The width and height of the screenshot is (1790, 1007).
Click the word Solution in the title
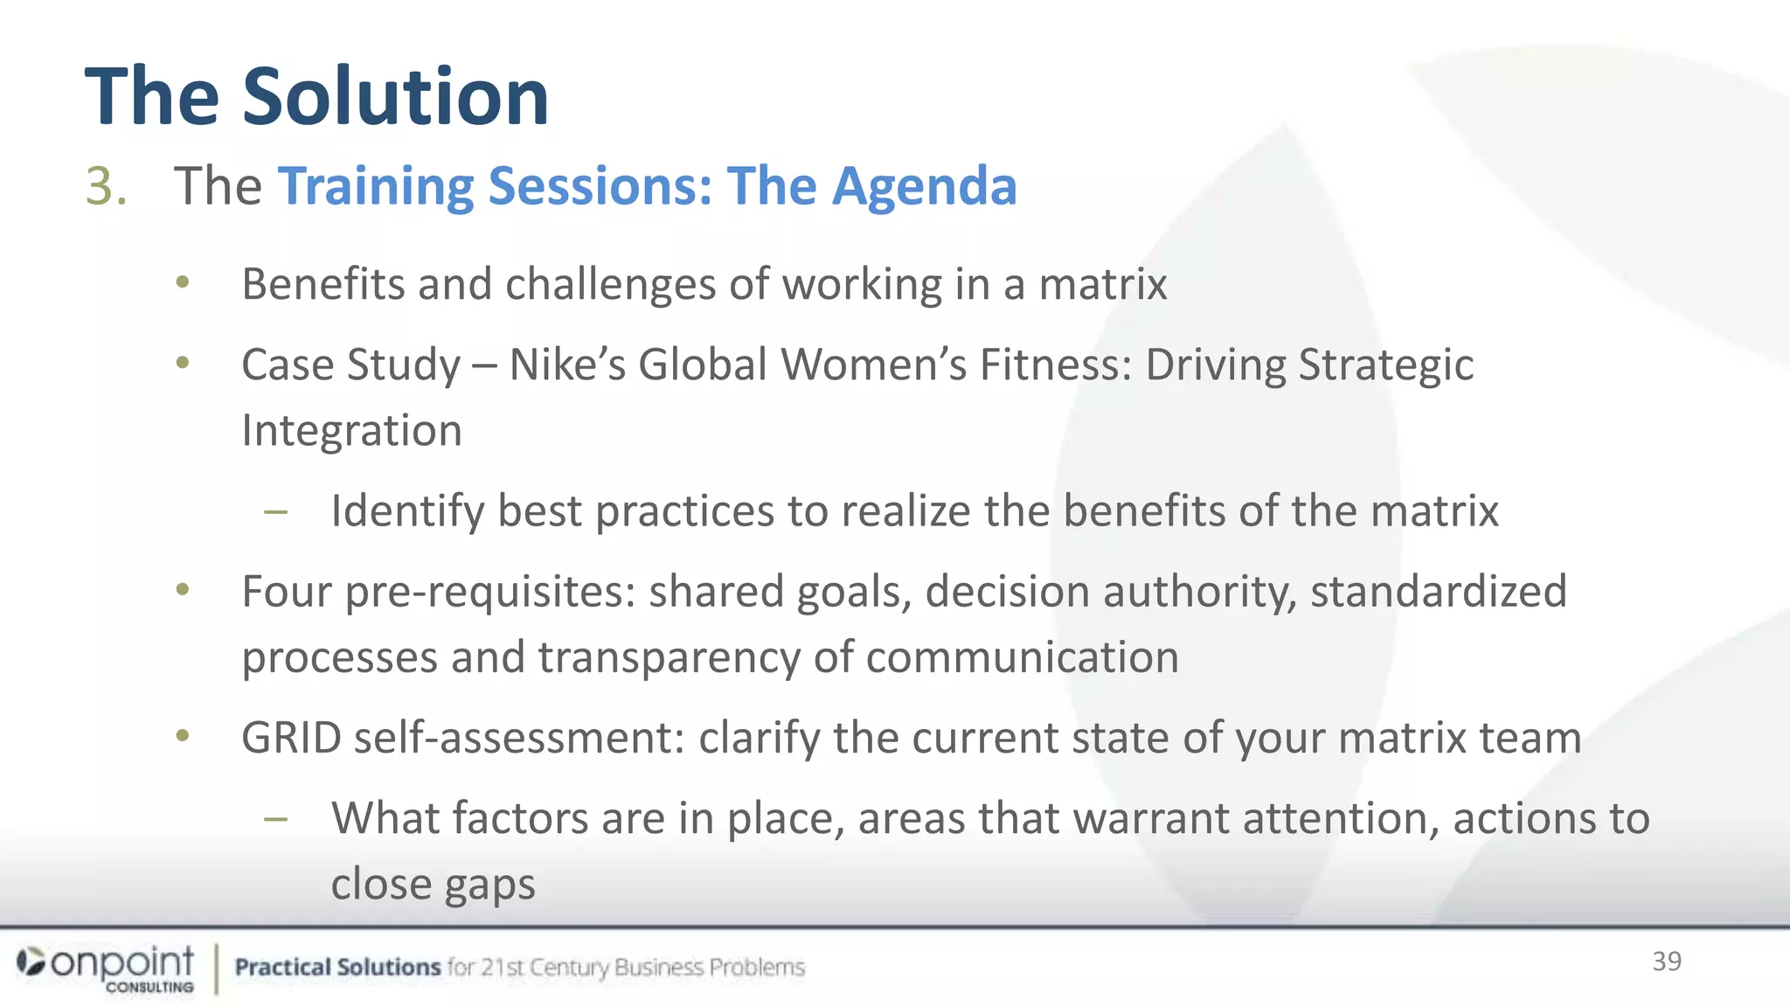pyautogui.click(x=395, y=96)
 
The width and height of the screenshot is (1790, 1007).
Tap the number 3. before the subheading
pyautogui.click(x=107, y=186)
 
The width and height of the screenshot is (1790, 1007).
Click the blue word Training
pyautogui.click(x=375, y=186)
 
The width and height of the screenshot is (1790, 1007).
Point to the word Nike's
pyautogui.click(x=566, y=365)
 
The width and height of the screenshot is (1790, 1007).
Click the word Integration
pyautogui.click(x=351, y=430)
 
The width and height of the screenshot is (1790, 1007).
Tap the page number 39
pyautogui.click(x=1666, y=962)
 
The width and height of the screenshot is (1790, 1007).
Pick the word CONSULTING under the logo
pyautogui.click(x=149, y=987)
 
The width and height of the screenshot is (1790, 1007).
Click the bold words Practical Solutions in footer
pyautogui.click(x=337, y=967)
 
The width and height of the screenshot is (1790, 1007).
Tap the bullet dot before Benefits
pyautogui.click(x=182, y=282)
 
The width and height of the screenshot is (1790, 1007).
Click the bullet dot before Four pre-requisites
pyautogui.click(x=182, y=590)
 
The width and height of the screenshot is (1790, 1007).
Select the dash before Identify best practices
pyautogui.click(x=276, y=512)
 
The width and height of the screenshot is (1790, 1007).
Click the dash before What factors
pyautogui.click(x=276, y=819)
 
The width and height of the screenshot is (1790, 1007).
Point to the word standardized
pyautogui.click(x=1438, y=592)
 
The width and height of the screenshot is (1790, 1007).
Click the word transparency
pyautogui.click(x=668, y=657)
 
